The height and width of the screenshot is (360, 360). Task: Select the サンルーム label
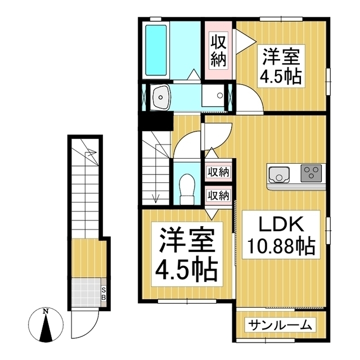(x=280, y=325)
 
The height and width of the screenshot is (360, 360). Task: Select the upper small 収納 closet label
(x=219, y=172)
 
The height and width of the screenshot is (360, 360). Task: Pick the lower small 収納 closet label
(x=219, y=195)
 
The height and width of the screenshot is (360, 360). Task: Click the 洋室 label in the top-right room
(x=280, y=57)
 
